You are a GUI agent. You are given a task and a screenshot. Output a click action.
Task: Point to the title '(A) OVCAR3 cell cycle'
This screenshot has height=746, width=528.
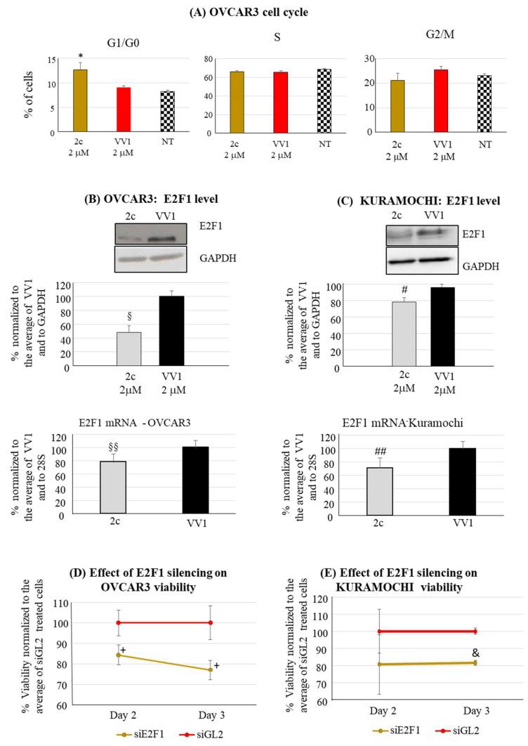[264, 11]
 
